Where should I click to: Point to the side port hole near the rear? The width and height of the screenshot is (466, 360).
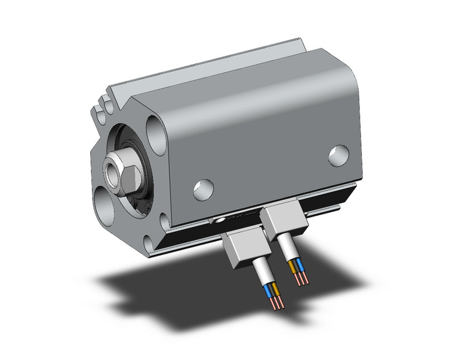pyautogui.click(x=337, y=156)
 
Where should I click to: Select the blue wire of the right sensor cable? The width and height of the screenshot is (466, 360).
pyautogui.click(x=299, y=266)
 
